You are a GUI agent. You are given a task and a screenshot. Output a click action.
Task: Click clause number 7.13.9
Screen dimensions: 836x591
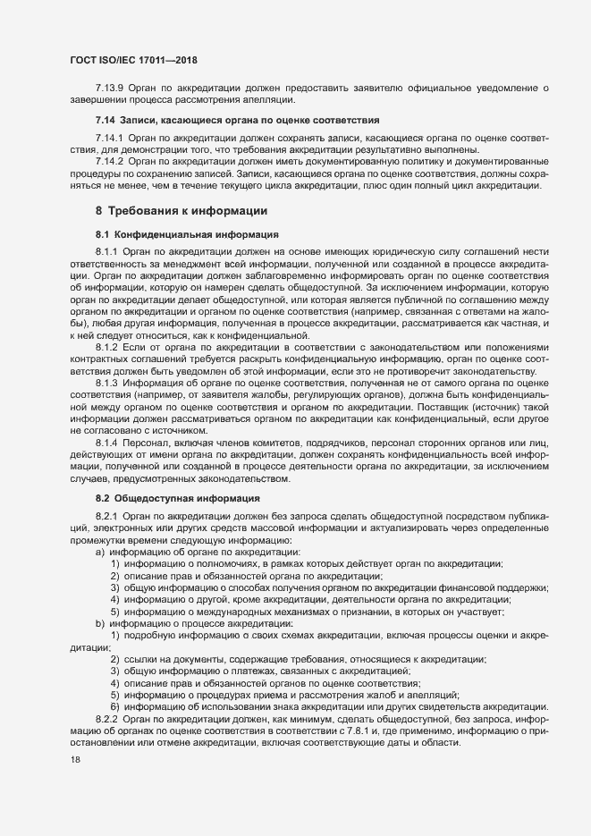click(109, 87)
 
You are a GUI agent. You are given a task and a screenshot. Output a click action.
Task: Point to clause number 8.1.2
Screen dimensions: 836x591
click(106, 346)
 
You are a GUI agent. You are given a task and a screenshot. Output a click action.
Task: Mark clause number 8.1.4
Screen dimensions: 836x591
click(106, 443)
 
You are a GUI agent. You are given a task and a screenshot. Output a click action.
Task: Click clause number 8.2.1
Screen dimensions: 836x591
click(106, 517)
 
